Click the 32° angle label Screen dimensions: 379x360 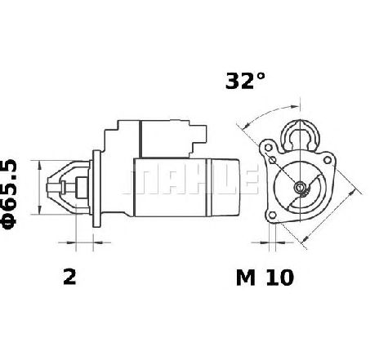coord(245,81)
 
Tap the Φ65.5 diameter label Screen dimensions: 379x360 coord(9,194)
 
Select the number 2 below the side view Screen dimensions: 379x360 coord(69,277)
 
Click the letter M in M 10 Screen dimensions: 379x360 coord(246,278)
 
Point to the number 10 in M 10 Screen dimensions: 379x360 coord(280,278)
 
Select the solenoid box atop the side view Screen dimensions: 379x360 coord(165,139)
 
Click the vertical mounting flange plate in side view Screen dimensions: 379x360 coord(96,189)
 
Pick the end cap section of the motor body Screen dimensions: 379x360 coord(223,188)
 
